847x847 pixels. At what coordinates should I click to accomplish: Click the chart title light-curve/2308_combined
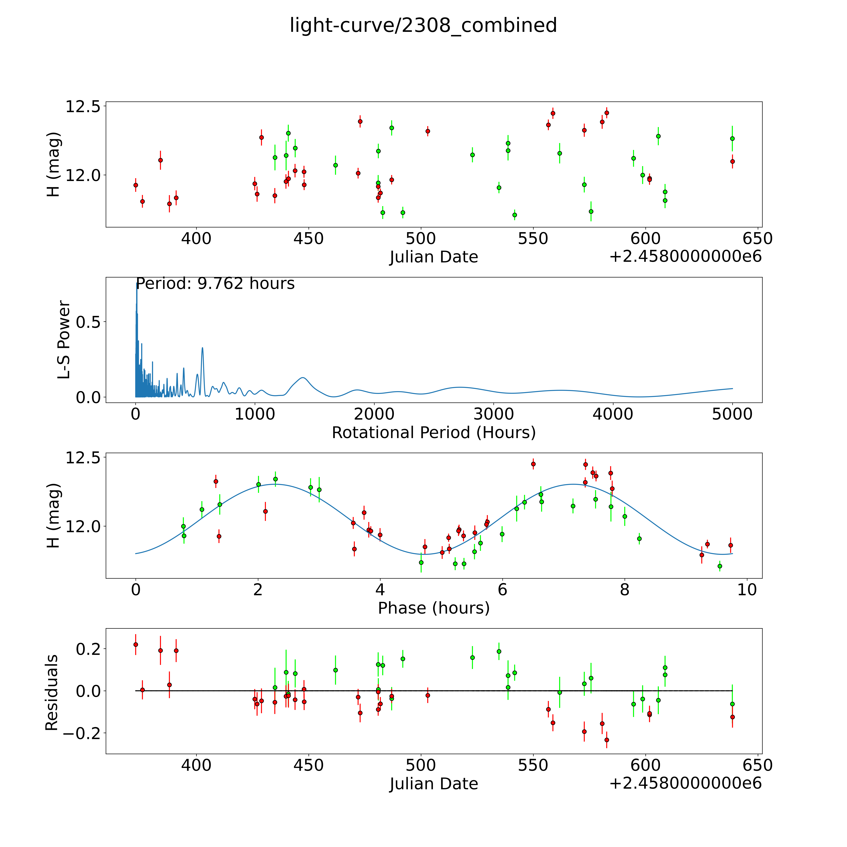click(423, 25)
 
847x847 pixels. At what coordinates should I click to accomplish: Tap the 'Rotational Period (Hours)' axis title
click(434, 433)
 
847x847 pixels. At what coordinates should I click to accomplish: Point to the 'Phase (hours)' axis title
click(434, 608)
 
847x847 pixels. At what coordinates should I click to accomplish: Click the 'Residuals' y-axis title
click(52, 693)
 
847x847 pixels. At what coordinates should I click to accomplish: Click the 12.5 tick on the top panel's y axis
click(83, 107)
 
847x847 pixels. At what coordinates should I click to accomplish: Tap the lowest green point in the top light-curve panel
click(515, 215)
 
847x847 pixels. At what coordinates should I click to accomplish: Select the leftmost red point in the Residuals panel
click(136, 645)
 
